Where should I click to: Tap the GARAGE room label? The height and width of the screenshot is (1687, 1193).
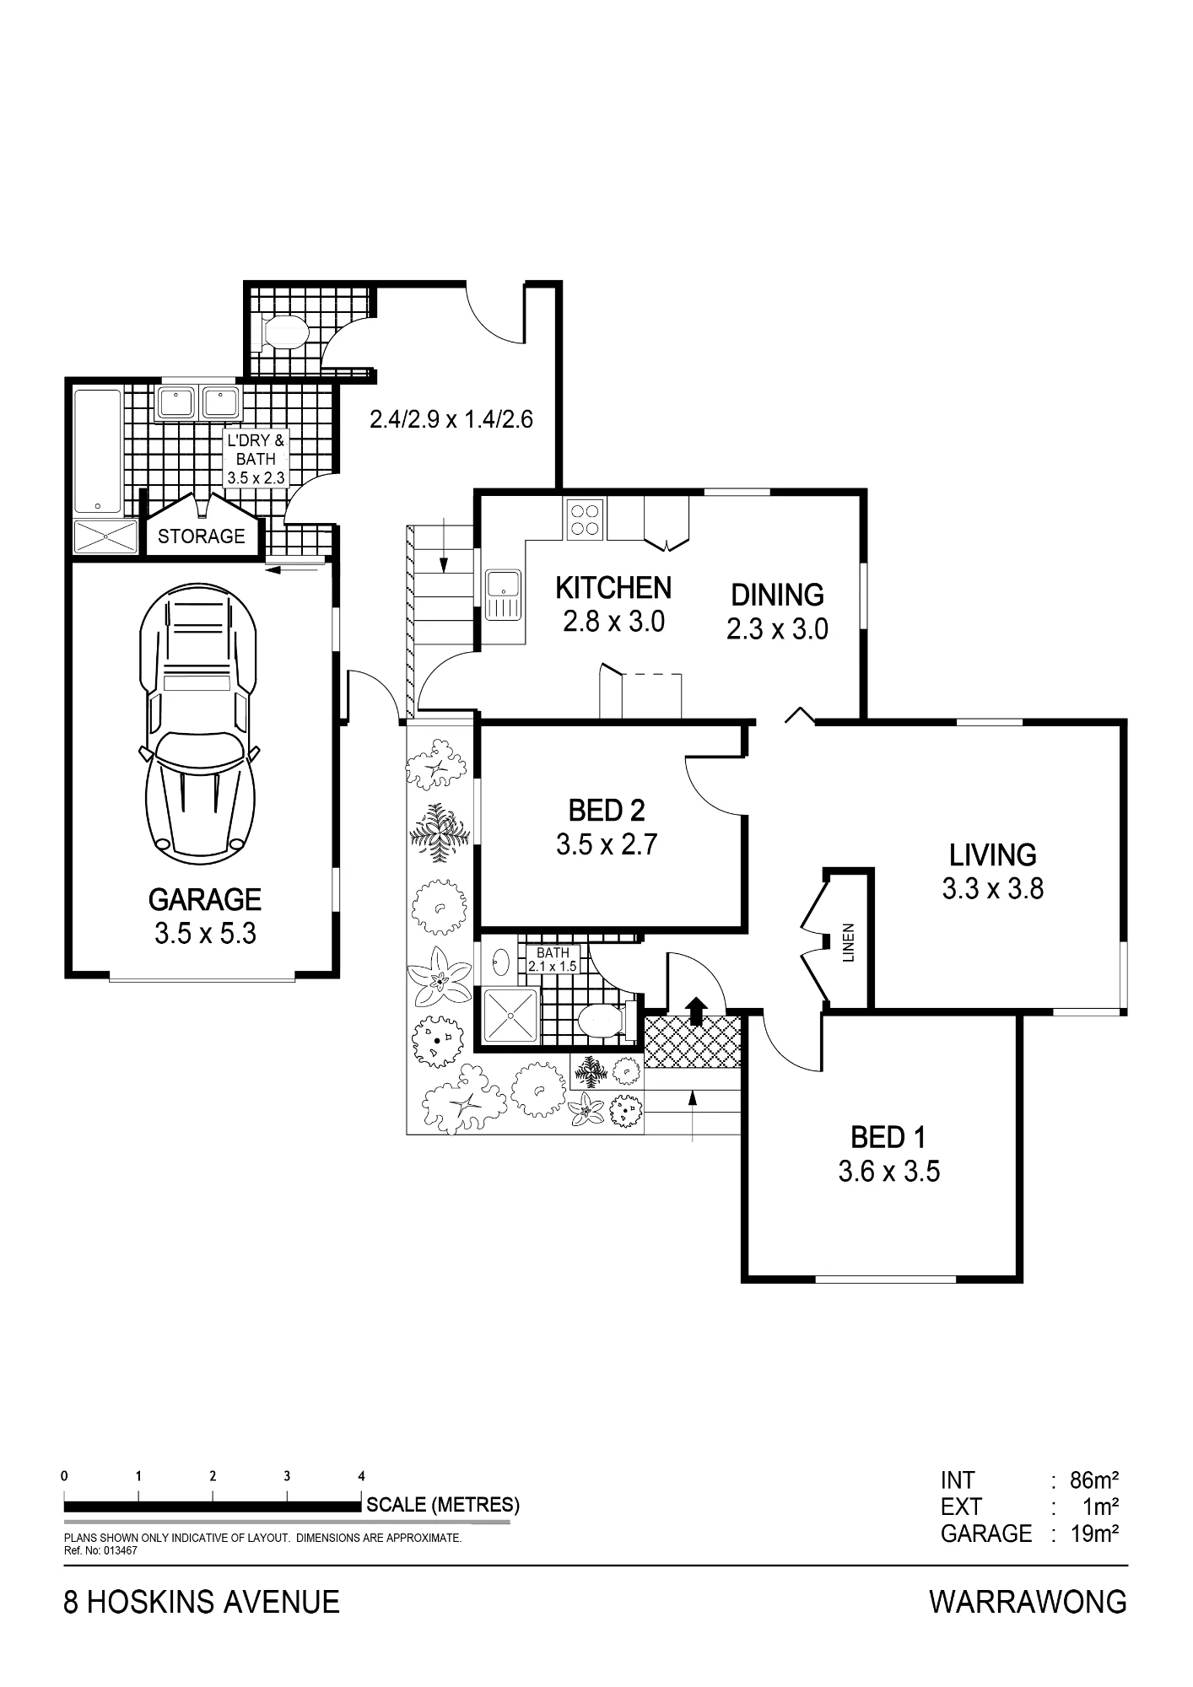[x=205, y=900]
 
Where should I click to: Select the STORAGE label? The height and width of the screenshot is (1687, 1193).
[x=202, y=536]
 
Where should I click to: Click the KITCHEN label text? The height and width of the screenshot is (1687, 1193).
[x=613, y=588]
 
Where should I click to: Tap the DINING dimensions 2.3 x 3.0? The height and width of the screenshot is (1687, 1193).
[x=777, y=629]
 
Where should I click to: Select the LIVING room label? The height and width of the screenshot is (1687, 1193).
[x=993, y=855]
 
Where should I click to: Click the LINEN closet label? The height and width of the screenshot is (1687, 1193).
[x=849, y=942]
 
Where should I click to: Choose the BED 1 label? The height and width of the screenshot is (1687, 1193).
[x=888, y=1138]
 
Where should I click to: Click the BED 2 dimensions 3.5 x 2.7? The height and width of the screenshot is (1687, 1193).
[x=607, y=844]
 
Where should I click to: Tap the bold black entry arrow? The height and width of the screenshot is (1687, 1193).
[x=696, y=1011]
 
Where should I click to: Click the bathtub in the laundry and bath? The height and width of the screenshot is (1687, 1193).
[x=97, y=450]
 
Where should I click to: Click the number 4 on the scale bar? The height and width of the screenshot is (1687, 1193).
[x=362, y=1476]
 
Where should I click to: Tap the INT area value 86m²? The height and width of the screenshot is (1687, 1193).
[x=1094, y=1480]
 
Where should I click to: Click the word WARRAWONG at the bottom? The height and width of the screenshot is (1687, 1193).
[x=1028, y=1602]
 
